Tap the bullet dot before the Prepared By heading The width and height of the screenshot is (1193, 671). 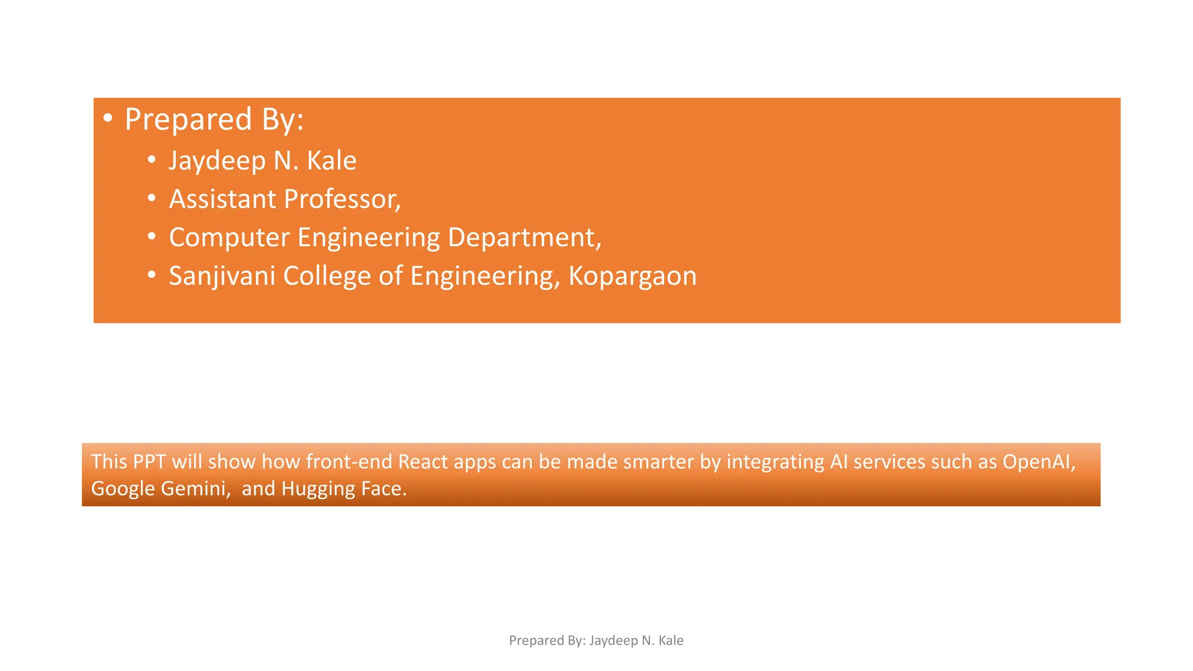(107, 118)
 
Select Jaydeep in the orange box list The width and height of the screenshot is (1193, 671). (217, 161)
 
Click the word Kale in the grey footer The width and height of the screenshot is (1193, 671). (670, 641)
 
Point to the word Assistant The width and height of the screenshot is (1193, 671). (223, 199)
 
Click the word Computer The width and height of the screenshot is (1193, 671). (229, 238)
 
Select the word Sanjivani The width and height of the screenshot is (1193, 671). (221, 276)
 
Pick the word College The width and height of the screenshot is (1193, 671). (327, 276)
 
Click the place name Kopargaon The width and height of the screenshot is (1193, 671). (632, 276)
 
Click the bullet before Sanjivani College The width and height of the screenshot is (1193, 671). (151, 276)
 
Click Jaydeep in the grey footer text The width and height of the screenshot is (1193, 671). (613, 641)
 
